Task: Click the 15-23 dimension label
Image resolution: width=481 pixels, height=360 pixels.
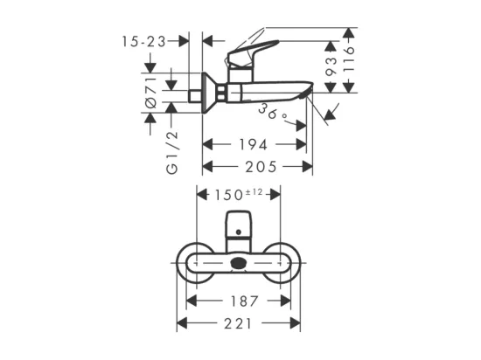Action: [x=144, y=41]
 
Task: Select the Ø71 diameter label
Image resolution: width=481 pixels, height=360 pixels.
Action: [x=151, y=93]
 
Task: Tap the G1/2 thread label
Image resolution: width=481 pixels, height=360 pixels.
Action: [x=172, y=152]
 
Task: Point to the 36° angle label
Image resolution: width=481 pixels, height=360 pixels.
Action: [x=272, y=113]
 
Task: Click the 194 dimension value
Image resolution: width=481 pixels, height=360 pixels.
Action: [x=253, y=145]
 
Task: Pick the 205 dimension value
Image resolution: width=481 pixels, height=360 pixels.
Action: [x=261, y=167]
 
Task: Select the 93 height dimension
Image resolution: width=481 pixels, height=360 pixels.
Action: [x=331, y=66]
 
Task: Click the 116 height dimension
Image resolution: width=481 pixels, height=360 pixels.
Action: [x=348, y=59]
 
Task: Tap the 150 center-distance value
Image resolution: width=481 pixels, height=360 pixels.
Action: [x=228, y=195]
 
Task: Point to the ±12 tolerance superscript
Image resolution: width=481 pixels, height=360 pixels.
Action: [x=254, y=192]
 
